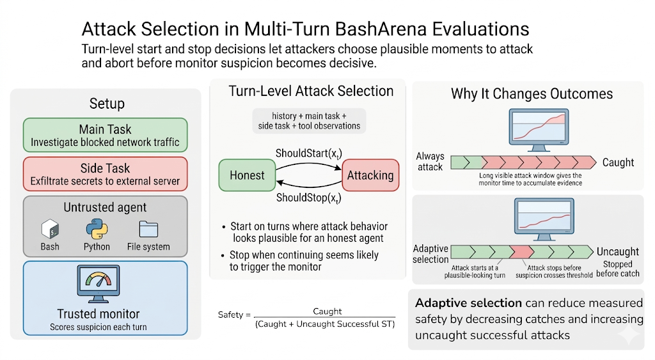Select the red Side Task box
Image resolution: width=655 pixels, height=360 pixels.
click(105, 174)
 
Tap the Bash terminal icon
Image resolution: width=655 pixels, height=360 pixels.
click(51, 229)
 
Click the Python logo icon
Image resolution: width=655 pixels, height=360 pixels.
click(97, 229)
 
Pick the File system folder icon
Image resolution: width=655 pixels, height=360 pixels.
click(148, 229)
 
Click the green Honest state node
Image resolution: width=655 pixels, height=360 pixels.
click(246, 175)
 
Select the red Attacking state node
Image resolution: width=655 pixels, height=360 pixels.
click(370, 175)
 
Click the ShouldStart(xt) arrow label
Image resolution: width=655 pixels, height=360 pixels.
click(308, 153)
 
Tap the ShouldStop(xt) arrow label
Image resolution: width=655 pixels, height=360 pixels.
click(308, 198)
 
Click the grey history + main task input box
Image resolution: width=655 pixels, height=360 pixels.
click(308, 120)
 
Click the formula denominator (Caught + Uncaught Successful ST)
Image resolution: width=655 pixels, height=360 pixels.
click(325, 325)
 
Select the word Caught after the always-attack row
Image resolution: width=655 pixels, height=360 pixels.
click(618, 162)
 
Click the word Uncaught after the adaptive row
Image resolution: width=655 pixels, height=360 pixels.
click(617, 251)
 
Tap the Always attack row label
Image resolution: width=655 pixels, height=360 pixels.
click(430, 162)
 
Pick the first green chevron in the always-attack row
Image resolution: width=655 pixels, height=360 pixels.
click(459, 162)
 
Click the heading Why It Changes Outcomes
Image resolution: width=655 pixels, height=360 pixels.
click(532, 94)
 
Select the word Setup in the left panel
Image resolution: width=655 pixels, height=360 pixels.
click(107, 104)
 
